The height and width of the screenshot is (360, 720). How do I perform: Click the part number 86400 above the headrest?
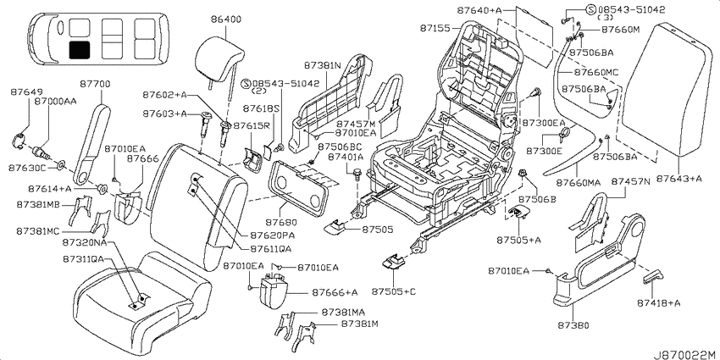[x=226, y=20]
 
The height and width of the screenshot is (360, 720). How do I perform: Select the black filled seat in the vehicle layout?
[x=80, y=49]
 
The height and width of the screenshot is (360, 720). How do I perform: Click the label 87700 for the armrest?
[x=95, y=85]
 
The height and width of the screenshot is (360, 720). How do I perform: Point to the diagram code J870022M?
[x=686, y=354]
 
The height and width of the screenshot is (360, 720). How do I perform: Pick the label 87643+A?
[x=678, y=178]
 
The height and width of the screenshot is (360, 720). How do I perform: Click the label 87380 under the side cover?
[x=573, y=325]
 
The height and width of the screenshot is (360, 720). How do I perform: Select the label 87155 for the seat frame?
[x=435, y=29]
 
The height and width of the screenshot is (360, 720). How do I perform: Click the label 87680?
[x=281, y=222]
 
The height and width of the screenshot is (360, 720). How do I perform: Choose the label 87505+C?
[x=394, y=291]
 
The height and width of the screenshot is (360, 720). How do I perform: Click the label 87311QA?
[x=84, y=259]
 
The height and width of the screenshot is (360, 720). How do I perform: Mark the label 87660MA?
[x=579, y=182]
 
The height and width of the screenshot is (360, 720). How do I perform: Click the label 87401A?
[x=346, y=157]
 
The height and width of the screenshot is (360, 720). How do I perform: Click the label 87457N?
[x=630, y=181]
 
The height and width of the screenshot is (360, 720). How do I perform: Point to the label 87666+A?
[x=335, y=292]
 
